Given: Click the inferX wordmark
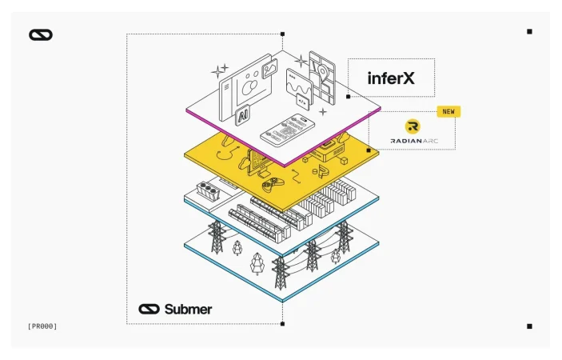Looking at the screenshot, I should coord(391,78).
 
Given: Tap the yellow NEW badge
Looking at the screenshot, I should coord(448,111).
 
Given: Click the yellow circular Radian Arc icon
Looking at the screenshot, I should coord(413,126).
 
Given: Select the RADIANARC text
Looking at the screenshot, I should coord(413,140).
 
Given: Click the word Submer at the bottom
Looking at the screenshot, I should coord(189,309).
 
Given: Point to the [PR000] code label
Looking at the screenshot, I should coord(42,326).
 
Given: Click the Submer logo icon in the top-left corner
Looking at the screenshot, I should coord(40,34).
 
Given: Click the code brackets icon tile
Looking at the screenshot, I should coord(303,101).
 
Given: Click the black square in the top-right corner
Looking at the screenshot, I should coord(529,32).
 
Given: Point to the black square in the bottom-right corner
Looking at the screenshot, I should coord(529,326).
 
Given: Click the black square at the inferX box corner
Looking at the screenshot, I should coord(348,97).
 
